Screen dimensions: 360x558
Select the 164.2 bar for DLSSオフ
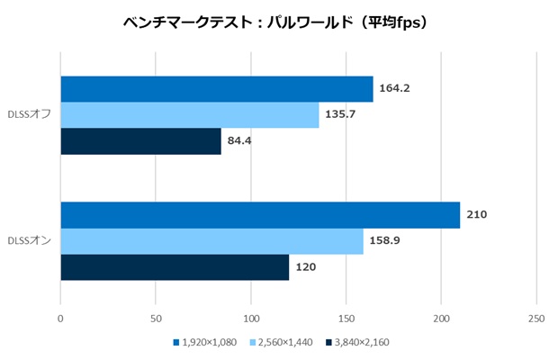216,89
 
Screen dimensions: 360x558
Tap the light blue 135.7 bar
189,115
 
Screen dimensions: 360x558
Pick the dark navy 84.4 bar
140,141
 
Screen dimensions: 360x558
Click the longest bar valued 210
260,215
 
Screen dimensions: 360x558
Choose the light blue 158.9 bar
211,241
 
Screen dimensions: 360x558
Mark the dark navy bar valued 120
175,267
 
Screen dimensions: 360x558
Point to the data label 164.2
395,88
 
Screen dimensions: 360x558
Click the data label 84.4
238,141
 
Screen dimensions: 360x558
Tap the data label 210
477,215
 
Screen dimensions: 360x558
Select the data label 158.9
385,241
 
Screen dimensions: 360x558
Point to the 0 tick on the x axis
60,318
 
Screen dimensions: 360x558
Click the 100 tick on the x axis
251,318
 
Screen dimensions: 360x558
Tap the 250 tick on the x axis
536,318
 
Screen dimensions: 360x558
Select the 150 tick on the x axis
346,318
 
